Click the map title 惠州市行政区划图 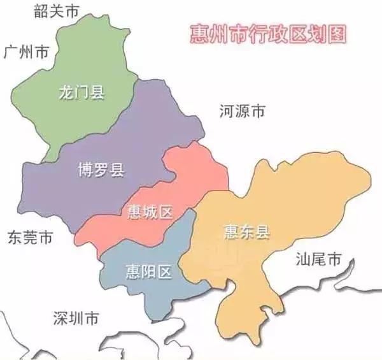point(268,34)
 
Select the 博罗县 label point(100,170)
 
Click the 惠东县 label point(246,233)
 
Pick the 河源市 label point(242,111)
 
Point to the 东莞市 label point(30,238)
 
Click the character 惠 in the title point(199,34)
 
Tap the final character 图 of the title point(337,34)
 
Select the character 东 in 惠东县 point(246,233)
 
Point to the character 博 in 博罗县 point(84,170)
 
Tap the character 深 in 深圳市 point(61,318)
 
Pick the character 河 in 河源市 point(226,111)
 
